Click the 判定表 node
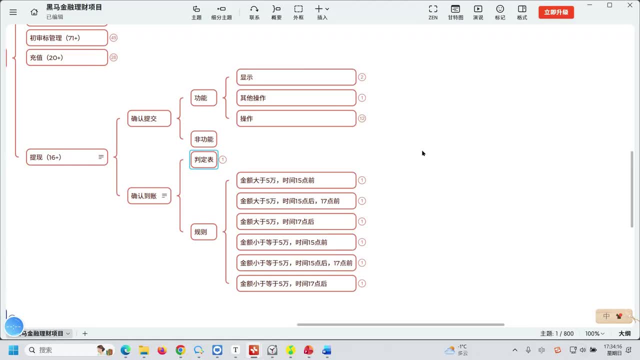tap(203, 159)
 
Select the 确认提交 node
tap(149, 118)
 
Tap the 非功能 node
tap(203, 139)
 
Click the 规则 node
tap(203, 231)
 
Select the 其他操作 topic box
tap(296, 97)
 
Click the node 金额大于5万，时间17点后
tap(296, 221)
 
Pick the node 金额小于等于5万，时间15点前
tap(296, 242)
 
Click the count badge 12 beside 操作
tap(362, 118)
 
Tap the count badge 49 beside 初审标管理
tap(113, 37)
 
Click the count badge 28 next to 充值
tap(113, 57)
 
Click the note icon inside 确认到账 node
tap(164, 195)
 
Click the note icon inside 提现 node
tap(101, 157)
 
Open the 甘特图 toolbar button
tap(455, 12)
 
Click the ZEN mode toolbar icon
tap(433, 12)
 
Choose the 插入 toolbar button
tap(322, 12)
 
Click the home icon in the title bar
tap(34, 12)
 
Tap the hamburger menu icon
tap(13, 12)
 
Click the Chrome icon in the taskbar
tap(180, 350)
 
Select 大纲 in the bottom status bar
tap(624, 333)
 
